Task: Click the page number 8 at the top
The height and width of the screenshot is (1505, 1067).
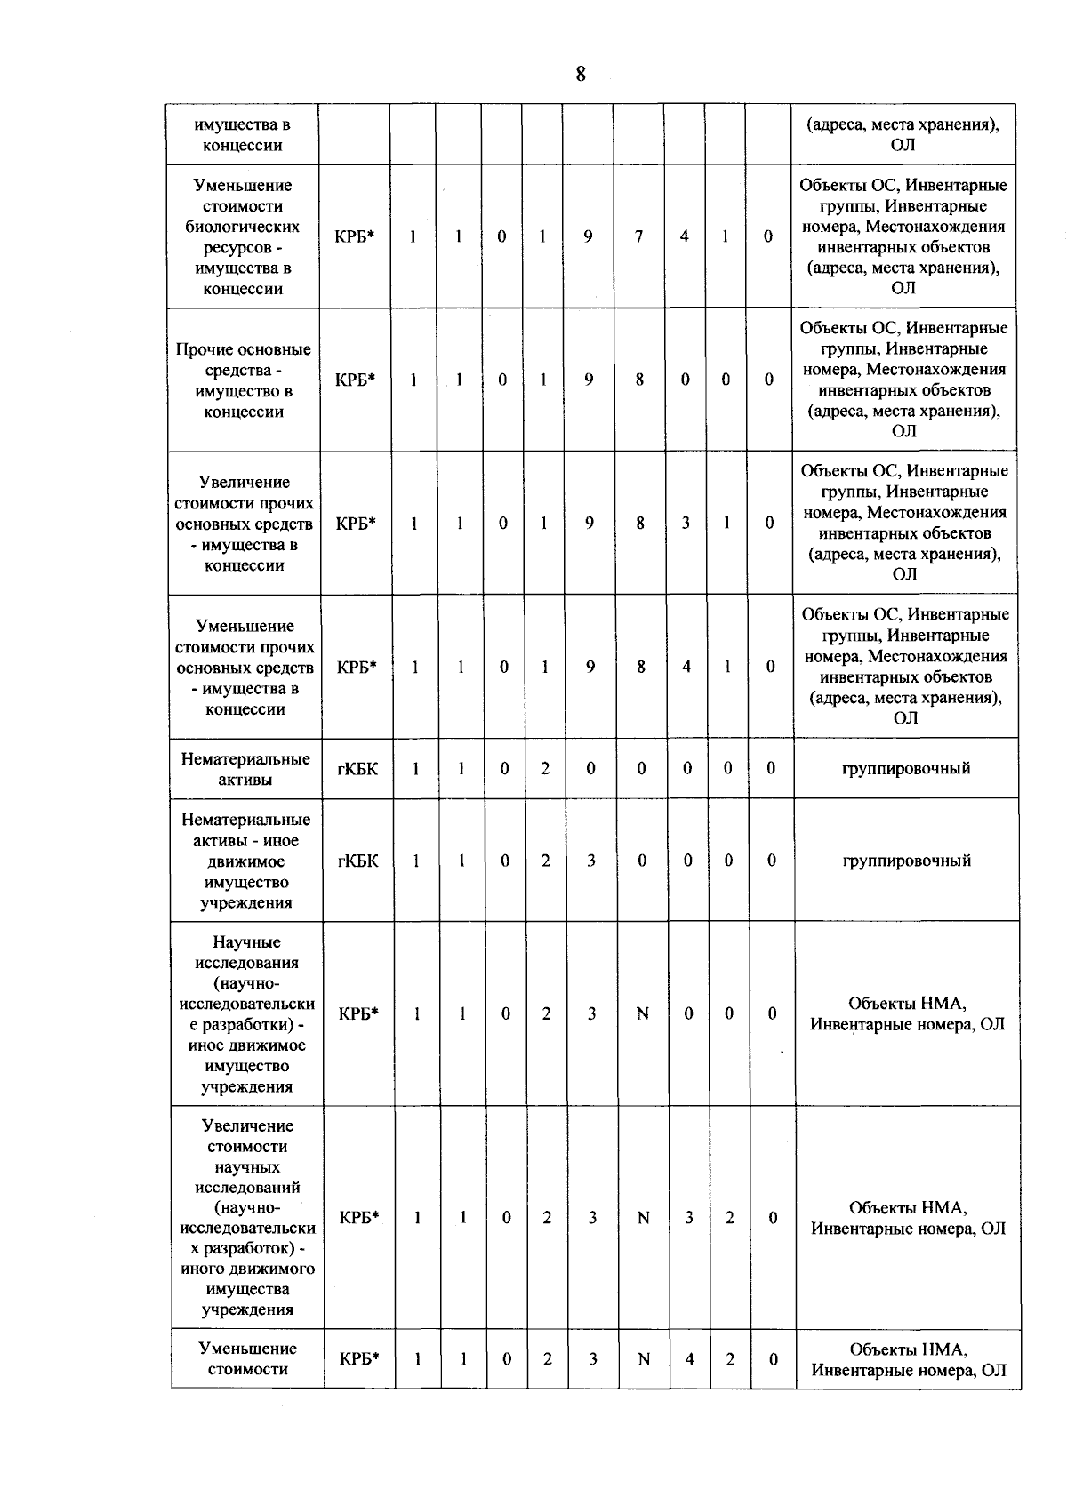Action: pos(581,74)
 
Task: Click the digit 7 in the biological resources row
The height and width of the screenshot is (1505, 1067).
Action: pos(638,236)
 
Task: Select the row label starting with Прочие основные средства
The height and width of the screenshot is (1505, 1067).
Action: pos(244,380)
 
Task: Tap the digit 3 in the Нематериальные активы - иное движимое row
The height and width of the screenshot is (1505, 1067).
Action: pos(590,861)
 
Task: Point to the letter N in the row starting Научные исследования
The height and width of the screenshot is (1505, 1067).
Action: pos(643,1013)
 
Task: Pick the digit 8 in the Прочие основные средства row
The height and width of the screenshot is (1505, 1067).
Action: pos(639,380)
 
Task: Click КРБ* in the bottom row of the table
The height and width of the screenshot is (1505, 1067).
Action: pos(359,1358)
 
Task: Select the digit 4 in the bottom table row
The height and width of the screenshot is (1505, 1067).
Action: pos(688,1358)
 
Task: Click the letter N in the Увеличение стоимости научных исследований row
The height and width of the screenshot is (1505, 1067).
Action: pos(643,1218)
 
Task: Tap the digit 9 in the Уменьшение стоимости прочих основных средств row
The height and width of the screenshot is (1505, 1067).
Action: pos(590,666)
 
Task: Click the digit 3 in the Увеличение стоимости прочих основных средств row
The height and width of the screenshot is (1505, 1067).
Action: pos(686,523)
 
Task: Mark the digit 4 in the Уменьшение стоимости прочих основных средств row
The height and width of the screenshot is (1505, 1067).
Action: pos(686,666)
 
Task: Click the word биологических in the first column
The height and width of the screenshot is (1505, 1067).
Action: pos(242,227)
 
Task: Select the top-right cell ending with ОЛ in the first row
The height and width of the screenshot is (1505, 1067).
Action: pos(903,134)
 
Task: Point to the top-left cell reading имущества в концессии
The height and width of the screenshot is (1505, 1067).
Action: pos(242,134)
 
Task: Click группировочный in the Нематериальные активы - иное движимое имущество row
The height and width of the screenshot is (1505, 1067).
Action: pos(906,861)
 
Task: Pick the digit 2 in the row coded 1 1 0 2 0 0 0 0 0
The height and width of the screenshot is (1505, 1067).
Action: pos(545,768)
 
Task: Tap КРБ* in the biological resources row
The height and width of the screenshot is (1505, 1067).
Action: pos(355,236)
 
